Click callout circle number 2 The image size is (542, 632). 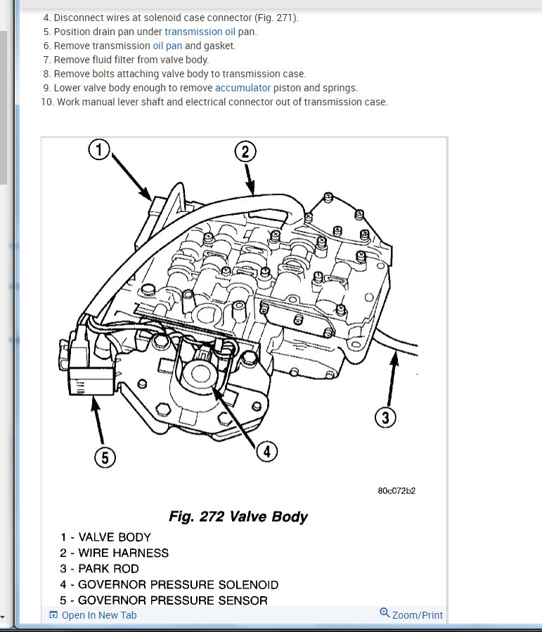[245, 152]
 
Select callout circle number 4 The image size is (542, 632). [266, 452]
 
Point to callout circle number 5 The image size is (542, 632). [105, 458]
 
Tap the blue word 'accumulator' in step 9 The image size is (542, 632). [243, 88]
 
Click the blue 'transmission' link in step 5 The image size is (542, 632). [193, 32]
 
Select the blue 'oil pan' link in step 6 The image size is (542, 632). [168, 46]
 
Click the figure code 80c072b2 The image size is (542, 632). [396, 491]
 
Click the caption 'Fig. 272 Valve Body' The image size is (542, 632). [238, 517]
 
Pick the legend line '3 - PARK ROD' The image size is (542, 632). [100, 569]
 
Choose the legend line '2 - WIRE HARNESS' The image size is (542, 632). [115, 553]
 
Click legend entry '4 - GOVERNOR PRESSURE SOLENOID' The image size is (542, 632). [169, 584]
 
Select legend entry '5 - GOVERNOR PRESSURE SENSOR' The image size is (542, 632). [164, 600]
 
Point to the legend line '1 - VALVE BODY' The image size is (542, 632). [105, 537]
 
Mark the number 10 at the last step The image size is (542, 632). [47, 102]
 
